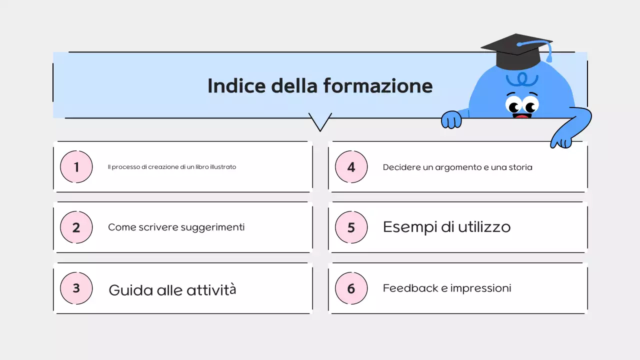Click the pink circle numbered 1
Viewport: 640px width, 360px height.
pyautogui.click(x=76, y=166)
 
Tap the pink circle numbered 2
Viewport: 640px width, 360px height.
pyautogui.click(x=76, y=227)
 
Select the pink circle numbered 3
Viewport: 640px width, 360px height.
pyautogui.click(x=76, y=288)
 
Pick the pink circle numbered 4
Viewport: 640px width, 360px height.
pyautogui.click(x=351, y=166)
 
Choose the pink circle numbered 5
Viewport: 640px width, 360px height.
pyautogui.click(x=351, y=227)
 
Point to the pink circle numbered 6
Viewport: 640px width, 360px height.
pyautogui.click(x=351, y=288)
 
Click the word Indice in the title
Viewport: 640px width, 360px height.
pyautogui.click(x=236, y=85)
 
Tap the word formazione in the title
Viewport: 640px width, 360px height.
pyautogui.click(x=377, y=85)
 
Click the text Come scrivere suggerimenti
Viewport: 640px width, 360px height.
pyautogui.click(x=176, y=227)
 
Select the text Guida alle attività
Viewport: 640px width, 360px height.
pyautogui.click(x=172, y=290)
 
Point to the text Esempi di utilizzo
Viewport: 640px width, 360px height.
pyautogui.click(x=446, y=227)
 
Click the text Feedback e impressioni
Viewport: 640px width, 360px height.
pyautogui.click(x=446, y=288)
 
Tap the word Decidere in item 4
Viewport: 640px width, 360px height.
pyautogui.click(x=401, y=167)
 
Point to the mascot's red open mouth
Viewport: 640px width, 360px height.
pyautogui.click(x=521, y=117)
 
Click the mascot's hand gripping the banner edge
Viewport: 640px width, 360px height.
pyautogui.click(x=451, y=120)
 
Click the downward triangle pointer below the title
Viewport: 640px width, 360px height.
pyautogui.click(x=320, y=121)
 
